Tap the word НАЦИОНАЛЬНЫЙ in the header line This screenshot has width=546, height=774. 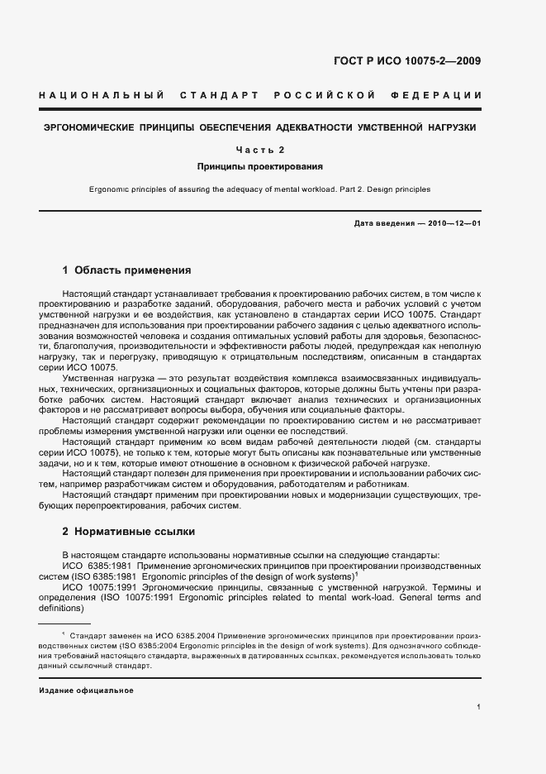click(x=102, y=96)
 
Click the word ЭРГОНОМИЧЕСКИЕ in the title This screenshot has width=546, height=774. click(x=89, y=128)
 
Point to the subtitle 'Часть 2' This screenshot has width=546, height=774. click(x=260, y=150)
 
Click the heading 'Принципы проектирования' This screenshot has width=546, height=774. click(x=260, y=166)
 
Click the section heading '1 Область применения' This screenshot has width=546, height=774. click(x=127, y=270)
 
